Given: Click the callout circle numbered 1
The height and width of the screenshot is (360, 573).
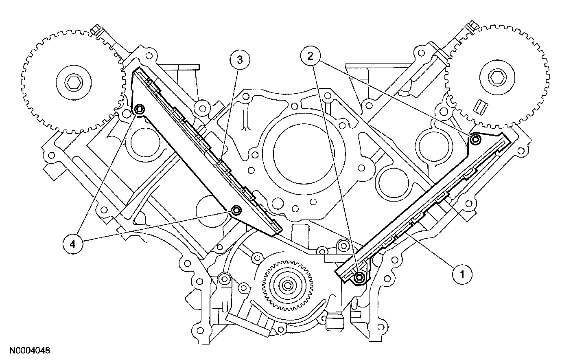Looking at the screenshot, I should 461,274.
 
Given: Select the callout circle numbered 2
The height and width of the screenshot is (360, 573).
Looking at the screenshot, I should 311,57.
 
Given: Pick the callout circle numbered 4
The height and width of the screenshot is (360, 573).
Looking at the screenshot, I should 72,244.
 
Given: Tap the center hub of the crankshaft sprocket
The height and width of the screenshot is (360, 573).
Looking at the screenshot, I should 286,285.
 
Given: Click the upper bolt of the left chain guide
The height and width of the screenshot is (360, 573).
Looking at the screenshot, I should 140,109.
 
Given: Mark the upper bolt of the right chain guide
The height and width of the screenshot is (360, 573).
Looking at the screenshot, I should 475,140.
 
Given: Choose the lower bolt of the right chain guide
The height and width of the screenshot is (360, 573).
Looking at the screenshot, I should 359,277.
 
